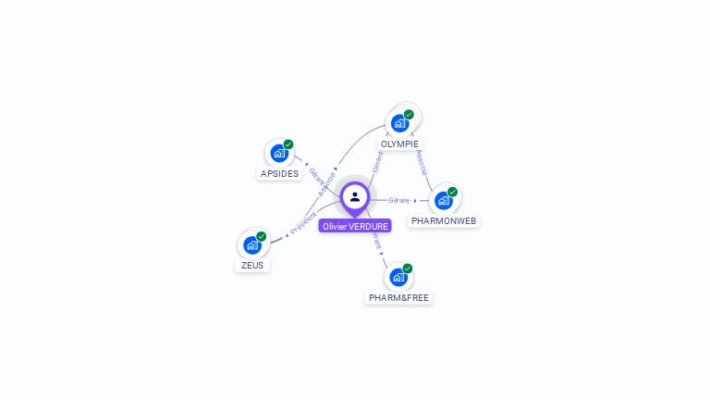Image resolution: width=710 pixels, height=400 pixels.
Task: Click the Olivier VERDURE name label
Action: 355,226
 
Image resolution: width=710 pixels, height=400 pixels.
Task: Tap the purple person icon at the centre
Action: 355,196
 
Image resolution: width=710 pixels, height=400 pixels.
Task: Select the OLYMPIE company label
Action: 399,144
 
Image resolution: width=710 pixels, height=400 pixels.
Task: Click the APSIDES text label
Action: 279,173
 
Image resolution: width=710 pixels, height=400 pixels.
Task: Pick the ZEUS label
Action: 252,265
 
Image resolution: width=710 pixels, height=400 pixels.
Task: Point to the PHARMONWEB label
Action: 445,221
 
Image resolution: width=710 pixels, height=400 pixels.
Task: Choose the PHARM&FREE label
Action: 398,298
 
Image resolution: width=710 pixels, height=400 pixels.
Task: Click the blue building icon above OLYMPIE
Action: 399,122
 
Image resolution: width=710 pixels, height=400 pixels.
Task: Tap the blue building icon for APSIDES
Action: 278,153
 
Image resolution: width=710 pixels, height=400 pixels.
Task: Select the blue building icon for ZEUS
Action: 251,244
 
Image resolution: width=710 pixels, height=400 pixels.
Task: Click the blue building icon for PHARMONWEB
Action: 444,200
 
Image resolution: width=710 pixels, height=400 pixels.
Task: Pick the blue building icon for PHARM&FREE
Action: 398,277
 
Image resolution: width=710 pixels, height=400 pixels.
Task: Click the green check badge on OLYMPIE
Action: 409,115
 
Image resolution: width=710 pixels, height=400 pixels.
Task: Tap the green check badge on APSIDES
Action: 288,144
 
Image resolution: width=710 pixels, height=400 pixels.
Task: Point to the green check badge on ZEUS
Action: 262,236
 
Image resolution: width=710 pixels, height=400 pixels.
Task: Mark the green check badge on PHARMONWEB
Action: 453,192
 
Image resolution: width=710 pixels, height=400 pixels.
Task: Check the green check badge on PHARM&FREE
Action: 408,269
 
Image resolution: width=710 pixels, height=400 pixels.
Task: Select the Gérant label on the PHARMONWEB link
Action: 398,200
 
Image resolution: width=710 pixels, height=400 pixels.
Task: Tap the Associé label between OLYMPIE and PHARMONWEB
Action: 422,163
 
